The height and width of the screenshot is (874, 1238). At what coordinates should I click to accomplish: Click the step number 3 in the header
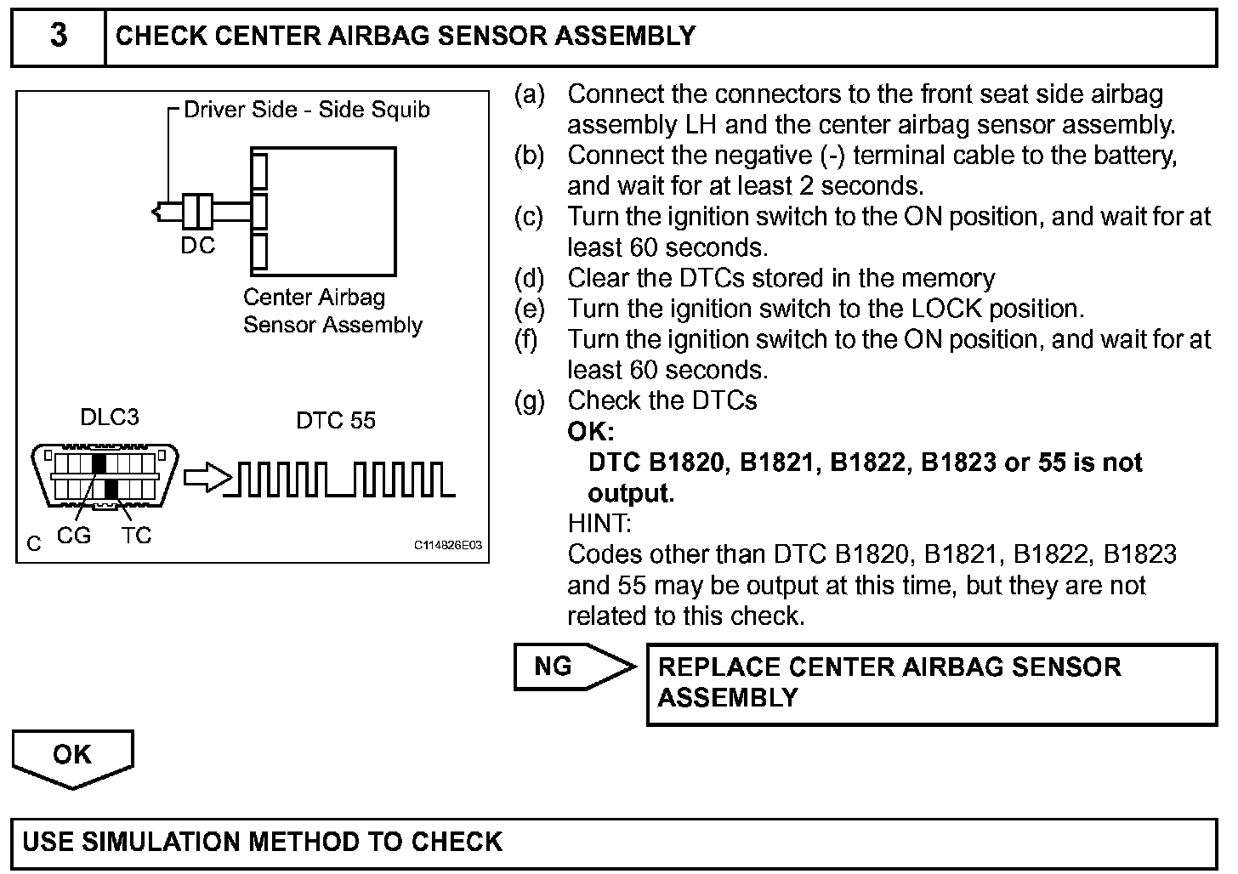pyautogui.click(x=58, y=37)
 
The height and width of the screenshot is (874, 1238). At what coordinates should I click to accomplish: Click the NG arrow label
pyautogui.click(x=554, y=667)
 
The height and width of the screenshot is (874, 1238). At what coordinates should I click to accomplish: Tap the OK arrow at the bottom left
pyautogui.click(x=72, y=755)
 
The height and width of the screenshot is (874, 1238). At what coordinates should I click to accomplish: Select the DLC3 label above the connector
pyautogui.click(x=109, y=417)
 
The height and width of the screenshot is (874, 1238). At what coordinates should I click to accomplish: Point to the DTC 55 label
pyautogui.click(x=335, y=421)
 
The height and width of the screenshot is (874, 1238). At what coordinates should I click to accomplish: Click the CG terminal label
pyautogui.click(x=73, y=536)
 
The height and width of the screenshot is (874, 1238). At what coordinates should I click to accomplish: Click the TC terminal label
pyautogui.click(x=136, y=536)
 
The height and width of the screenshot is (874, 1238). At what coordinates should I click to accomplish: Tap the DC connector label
pyautogui.click(x=198, y=247)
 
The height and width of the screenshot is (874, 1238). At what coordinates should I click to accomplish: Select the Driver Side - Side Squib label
pyautogui.click(x=307, y=110)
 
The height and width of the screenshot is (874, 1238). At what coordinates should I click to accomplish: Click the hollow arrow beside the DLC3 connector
pyautogui.click(x=207, y=478)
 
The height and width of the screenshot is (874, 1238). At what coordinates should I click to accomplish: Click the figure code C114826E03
pyautogui.click(x=448, y=545)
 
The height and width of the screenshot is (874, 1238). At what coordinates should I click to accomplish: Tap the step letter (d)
pyautogui.click(x=529, y=278)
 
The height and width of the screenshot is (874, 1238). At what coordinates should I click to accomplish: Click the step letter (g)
pyautogui.click(x=529, y=400)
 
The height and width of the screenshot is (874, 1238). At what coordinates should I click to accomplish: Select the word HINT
pyautogui.click(x=599, y=523)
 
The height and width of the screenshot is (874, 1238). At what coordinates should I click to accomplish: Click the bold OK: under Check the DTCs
pyautogui.click(x=590, y=431)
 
